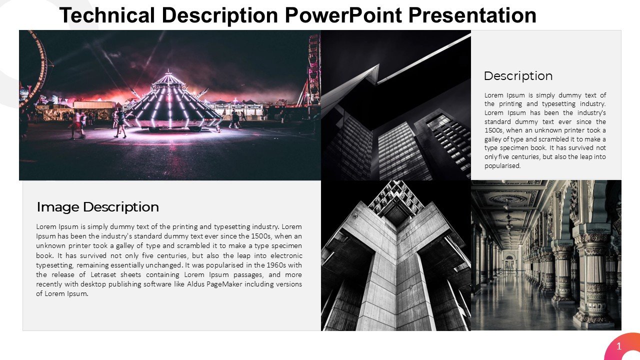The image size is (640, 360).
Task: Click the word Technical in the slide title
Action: (107, 16)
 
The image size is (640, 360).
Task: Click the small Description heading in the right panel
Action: (518, 76)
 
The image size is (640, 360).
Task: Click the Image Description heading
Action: (98, 207)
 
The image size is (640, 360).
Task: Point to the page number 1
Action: (619, 346)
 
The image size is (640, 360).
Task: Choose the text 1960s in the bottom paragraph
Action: (255, 265)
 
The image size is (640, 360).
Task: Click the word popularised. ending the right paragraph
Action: (502, 166)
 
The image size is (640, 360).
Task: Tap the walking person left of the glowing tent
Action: (120, 122)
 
